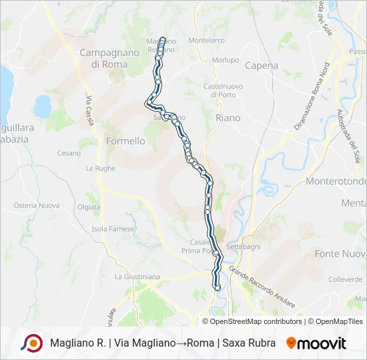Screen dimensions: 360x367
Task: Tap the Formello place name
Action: pos(125,141)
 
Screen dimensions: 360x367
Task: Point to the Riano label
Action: pos(228,117)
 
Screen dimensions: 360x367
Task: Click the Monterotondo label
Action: pos(336,181)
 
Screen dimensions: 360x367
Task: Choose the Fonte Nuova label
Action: pos(340,253)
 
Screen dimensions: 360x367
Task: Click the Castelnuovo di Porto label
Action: pos(222,91)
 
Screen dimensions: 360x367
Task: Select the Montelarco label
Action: pos(206,40)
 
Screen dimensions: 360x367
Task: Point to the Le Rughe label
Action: pos(100,169)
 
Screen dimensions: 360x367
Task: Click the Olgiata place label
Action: pos(89,207)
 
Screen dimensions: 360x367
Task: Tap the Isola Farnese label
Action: pos(108,229)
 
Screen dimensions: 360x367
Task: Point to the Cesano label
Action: pos(68,153)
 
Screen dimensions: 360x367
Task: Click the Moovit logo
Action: pos(316,343)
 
